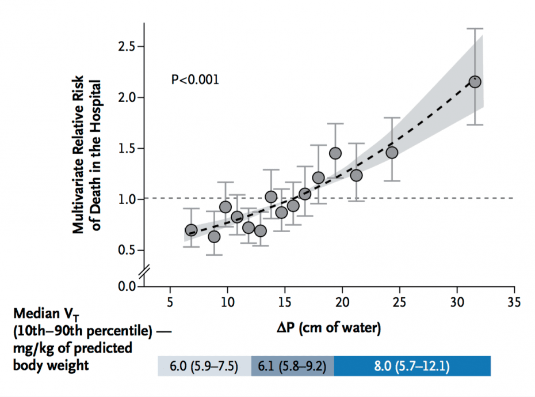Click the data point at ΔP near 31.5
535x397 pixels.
tap(475, 82)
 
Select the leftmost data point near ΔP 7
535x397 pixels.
tap(191, 230)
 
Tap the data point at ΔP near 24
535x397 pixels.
tap(392, 152)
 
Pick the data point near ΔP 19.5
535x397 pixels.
tap(335, 153)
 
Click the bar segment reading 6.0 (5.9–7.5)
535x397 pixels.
tap(204, 366)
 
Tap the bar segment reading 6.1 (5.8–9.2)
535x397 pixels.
tap(293, 366)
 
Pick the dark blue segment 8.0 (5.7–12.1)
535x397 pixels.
tap(412, 366)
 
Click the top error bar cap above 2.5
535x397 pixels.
tap(475, 28)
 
